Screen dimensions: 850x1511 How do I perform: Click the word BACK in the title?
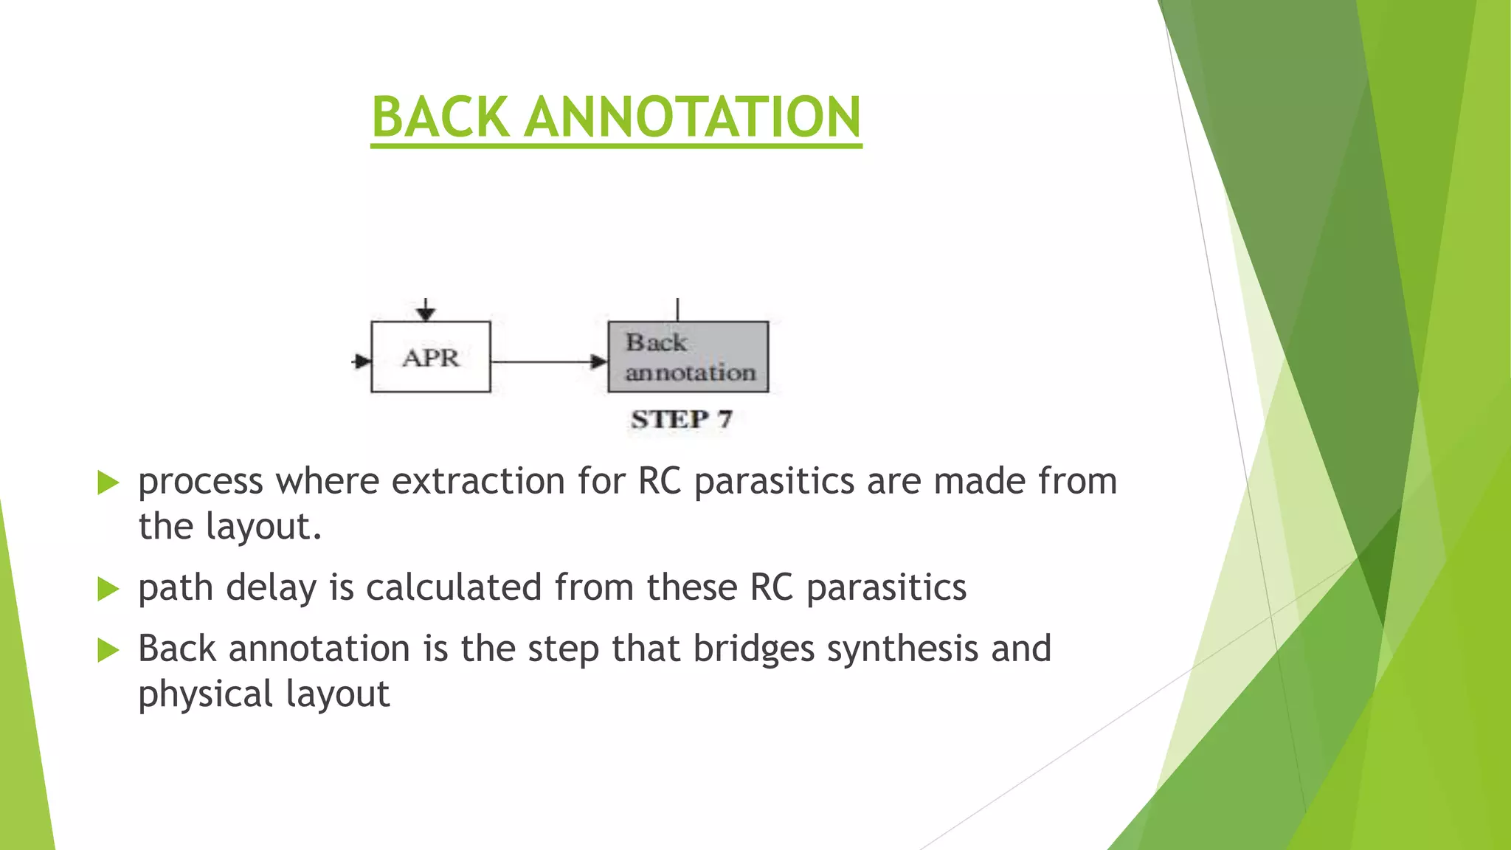tap(440, 117)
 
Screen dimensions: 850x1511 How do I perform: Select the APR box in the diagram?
tap(430, 357)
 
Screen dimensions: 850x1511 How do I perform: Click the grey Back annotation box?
tap(688, 357)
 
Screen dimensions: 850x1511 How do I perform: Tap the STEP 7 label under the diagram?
tap(681, 419)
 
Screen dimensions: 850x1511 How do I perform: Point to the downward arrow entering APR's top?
tap(426, 311)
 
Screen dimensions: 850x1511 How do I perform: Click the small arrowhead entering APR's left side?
tap(362, 362)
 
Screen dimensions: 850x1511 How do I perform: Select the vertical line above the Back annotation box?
tap(677, 309)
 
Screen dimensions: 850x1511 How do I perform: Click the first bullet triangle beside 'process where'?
tap(108, 483)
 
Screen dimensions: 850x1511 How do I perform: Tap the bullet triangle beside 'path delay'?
tap(108, 589)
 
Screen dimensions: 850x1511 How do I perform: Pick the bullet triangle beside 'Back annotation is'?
tap(108, 650)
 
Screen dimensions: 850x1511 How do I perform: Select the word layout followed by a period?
tap(263, 527)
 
